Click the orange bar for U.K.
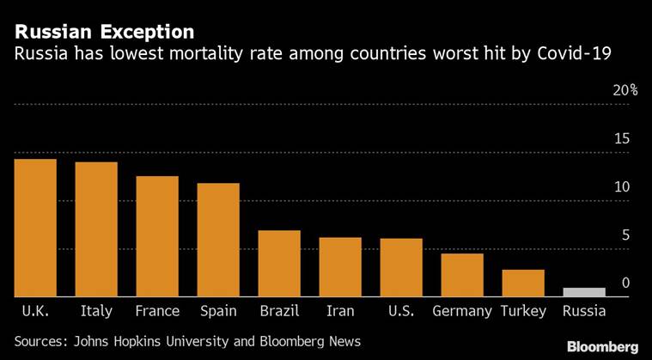tap(35, 228)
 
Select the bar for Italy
tap(96, 229)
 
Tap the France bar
tap(157, 236)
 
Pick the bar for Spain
tap(218, 240)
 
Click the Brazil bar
tap(279, 264)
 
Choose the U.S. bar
tap(401, 267)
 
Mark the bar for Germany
tap(462, 275)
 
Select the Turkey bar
tap(523, 283)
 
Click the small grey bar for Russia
tap(584, 292)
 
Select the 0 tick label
tap(626, 284)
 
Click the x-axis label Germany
tap(462, 311)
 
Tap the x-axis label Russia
tap(584, 311)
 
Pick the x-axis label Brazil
tap(279, 311)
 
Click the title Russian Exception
tap(103, 33)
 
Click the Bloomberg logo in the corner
tap(601, 346)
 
